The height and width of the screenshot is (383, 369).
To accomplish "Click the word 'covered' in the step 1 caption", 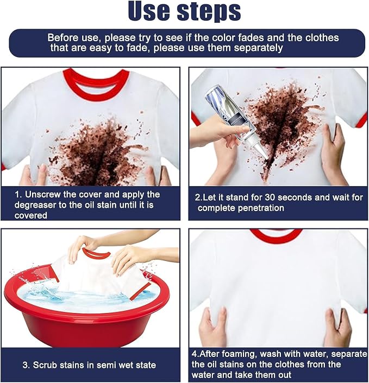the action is (31, 215).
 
